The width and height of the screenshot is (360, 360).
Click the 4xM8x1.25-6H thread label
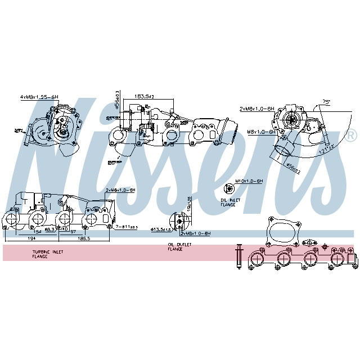point(39,97)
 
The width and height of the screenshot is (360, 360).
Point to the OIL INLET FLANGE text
point(228,202)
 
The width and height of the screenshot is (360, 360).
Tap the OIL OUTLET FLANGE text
point(179,246)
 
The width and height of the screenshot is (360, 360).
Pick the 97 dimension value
point(73,230)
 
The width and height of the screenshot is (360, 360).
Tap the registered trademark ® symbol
point(351,136)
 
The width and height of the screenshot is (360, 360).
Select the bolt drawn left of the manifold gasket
point(238,256)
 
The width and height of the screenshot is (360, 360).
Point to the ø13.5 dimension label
point(160,229)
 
